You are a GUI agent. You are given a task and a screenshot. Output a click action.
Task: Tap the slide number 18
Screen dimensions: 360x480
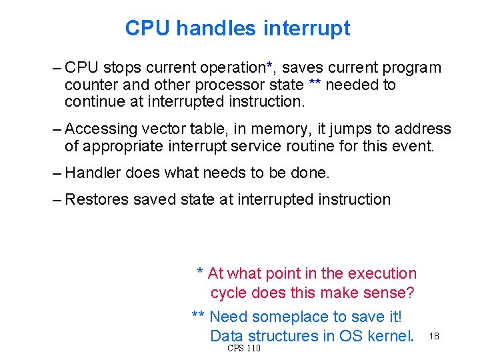pyautogui.click(x=434, y=335)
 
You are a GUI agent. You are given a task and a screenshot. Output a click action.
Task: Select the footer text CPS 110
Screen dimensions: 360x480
pyautogui.click(x=244, y=349)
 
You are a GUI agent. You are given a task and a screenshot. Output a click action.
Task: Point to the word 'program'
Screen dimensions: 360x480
pyautogui.click(x=411, y=68)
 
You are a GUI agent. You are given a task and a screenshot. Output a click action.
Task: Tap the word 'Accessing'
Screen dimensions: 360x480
pyautogui.click(x=99, y=129)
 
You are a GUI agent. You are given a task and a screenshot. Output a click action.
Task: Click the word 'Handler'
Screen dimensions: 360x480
pyautogui.click(x=93, y=173)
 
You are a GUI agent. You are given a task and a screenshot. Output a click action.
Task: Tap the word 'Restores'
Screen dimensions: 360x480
pyautogui.click(x=97, y=199)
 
